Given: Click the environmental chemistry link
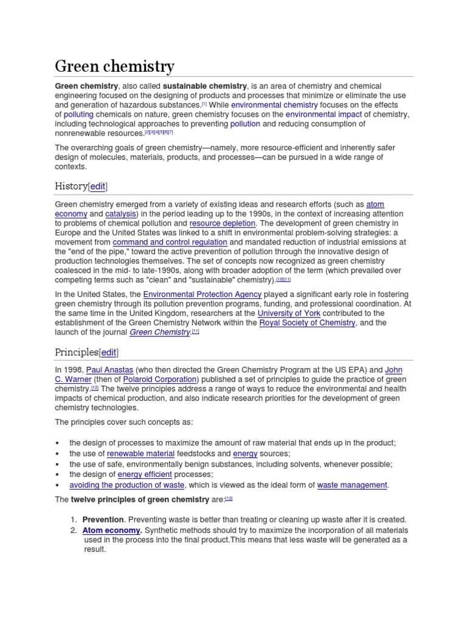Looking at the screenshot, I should [x=274, y=105].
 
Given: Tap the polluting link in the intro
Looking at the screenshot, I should [x=78, y=114].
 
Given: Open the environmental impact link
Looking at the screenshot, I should [x=323, y=114].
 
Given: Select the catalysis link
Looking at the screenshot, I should [x=120, y=214].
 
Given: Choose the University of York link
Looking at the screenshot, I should [x=289, y=313].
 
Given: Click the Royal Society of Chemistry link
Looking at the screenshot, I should [x=307, y=322].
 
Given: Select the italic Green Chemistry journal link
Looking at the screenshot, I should [x=159, y=332].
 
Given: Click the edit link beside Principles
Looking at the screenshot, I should [x=109, y=352].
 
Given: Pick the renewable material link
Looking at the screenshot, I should [x=141, y=454].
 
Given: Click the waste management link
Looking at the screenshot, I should [x=352, y=485].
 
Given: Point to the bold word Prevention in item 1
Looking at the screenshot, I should [x=103, y=520].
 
